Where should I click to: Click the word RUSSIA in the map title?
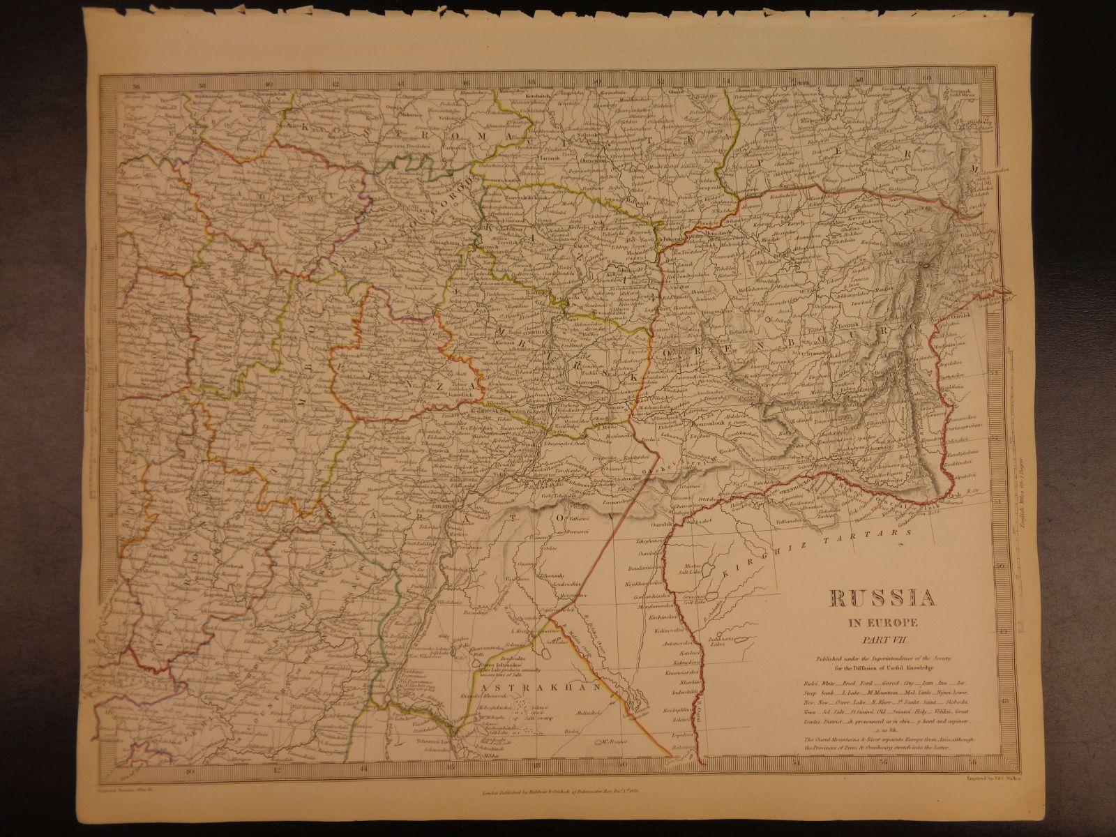tap(882, 598)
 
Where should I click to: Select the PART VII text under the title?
tap(882, 637)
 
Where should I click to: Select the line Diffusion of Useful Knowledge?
tap(882, 668)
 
